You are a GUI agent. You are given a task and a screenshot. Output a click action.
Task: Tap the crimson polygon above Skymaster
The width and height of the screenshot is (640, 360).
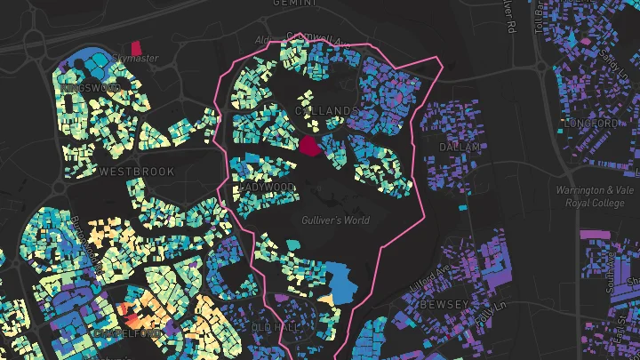click(136, 47)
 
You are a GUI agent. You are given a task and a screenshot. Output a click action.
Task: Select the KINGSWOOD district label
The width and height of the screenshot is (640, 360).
click(91, 88)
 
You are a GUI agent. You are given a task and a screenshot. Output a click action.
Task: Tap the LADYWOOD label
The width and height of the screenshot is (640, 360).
click(267, 188)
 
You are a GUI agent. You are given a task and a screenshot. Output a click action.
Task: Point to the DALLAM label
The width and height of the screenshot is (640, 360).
click(460, 147)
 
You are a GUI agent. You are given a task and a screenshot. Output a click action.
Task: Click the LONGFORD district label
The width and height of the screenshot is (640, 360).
click(591, 123)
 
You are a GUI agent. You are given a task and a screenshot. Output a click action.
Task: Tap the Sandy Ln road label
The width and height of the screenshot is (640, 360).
click(609, 64)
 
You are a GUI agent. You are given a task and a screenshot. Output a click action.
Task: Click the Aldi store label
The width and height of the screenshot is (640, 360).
click(262, 40)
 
